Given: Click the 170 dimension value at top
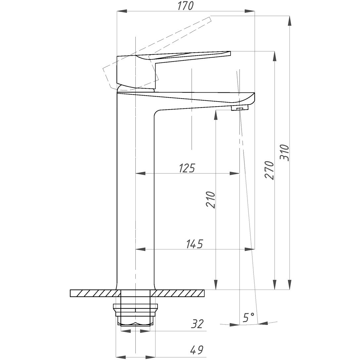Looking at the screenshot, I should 186,6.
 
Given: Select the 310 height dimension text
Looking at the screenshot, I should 285,153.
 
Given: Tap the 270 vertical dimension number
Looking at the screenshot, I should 270,170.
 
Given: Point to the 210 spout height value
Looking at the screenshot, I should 210,200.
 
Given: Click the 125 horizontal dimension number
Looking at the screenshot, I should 186,168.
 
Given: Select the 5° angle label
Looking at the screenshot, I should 248,318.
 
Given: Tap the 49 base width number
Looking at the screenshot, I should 196,349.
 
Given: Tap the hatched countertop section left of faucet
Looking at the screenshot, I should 94,293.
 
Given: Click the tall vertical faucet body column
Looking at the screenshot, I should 136,199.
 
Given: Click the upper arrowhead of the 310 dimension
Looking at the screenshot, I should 290,21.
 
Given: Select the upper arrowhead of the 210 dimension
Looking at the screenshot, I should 216,115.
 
